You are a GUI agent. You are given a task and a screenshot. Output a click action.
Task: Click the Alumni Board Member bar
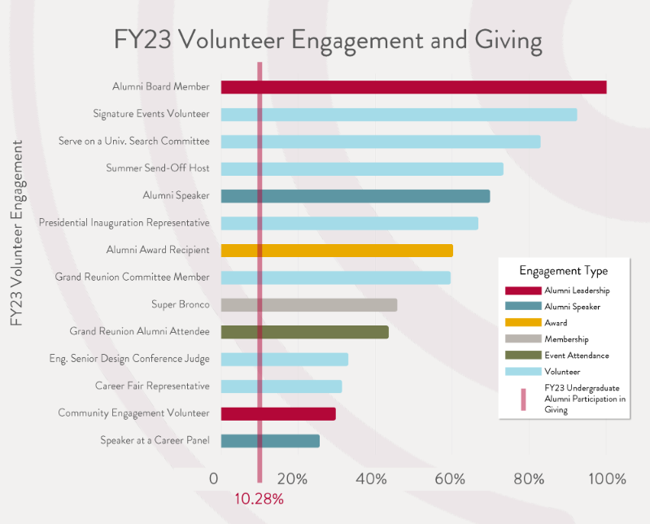(413, 87)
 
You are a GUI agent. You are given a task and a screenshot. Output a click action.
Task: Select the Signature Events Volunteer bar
(399, 115)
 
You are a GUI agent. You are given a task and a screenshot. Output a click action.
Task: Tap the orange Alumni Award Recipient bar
(337, 251)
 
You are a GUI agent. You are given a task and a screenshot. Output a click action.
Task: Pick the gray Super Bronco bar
(309, 305)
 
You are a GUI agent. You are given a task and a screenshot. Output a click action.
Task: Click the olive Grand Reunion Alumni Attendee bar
(304, 332)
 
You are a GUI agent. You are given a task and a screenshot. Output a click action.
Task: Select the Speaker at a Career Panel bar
(270, 441)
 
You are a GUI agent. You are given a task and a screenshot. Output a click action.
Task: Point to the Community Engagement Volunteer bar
(278, 414)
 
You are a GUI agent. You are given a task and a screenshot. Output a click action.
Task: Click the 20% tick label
(292, 478)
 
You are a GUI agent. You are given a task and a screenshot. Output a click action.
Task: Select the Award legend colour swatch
(522, 323)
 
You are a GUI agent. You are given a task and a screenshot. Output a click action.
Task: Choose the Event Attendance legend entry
(576, 356)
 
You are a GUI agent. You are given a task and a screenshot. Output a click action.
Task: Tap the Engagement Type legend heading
(563, 271)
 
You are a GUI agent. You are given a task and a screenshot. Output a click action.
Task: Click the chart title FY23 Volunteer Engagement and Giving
(327, 39)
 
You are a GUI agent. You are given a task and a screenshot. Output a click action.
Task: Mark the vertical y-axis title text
(17, 233)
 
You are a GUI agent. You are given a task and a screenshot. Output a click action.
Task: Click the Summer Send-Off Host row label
(158, 168)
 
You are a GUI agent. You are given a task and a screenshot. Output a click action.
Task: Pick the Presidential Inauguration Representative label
(124, 223)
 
